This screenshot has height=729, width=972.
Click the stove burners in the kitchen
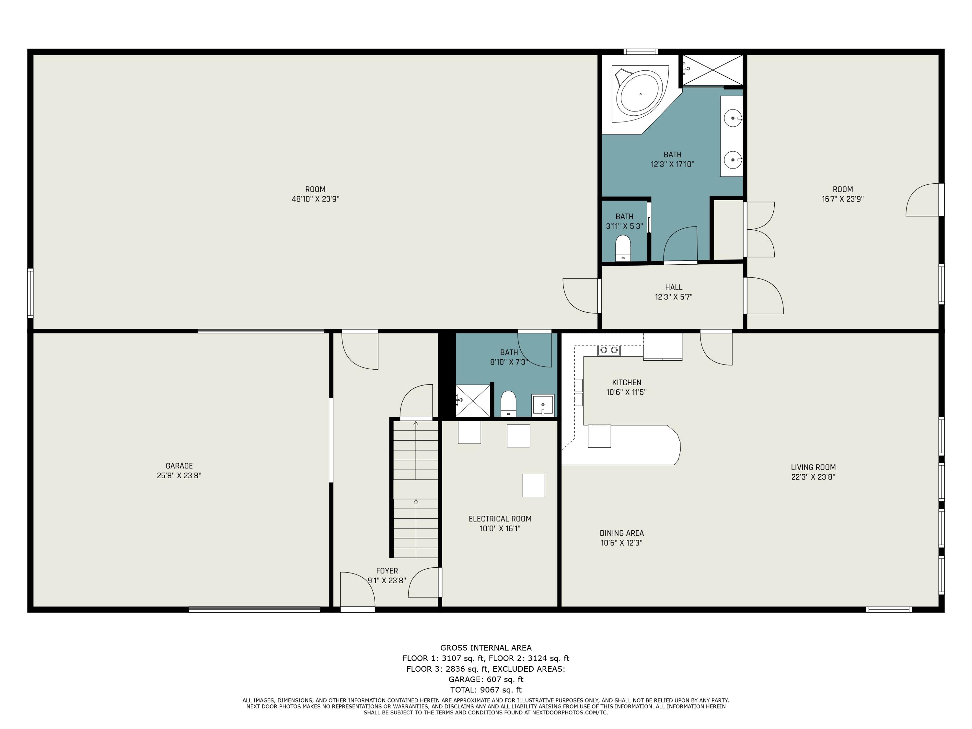tap(608, 350)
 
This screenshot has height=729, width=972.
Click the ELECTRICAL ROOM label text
tap(500, 518)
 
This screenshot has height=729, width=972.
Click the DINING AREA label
tap(621, 533)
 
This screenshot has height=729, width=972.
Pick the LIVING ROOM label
tap(813, 467)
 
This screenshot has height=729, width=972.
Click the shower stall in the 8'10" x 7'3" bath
tap(473, 400)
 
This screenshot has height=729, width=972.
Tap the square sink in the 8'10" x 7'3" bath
tap(543, 405)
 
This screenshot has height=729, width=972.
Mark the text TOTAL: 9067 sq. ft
tap(486, 690)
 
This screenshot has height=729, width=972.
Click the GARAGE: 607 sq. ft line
tap(486, 679)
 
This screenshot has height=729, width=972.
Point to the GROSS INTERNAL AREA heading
tap(486, 647)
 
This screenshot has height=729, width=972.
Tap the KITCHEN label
tap(626, 382)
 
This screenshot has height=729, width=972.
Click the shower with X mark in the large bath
tap(712, 70)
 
